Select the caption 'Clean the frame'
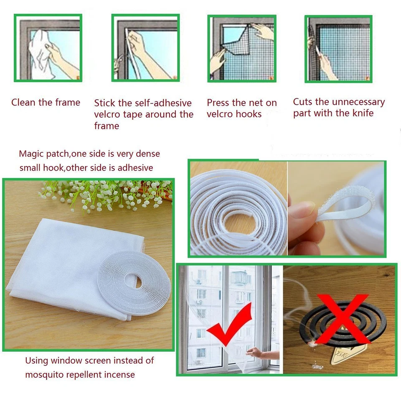point(46,103)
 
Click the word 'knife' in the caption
point(363,113)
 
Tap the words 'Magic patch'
point(44,154)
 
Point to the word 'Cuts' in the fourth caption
point(302,102)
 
